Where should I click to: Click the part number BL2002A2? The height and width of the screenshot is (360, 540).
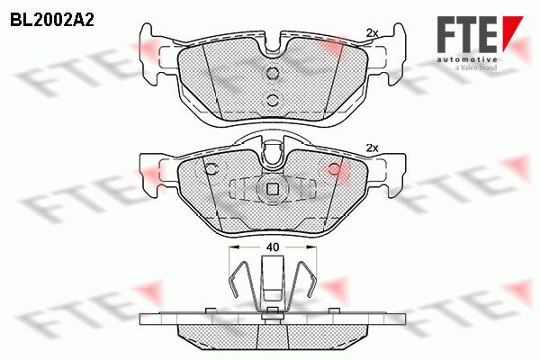[52, 21]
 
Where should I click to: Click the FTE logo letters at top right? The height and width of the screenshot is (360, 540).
[466, 34]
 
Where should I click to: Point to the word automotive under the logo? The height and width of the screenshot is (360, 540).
[466, 59]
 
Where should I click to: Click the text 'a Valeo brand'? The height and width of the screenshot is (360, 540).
[476, 67]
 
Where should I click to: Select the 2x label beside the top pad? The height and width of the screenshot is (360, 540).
[372, 33]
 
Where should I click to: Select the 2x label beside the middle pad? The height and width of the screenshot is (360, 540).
[372, 148]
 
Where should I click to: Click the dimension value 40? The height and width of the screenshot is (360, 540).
[273, 247]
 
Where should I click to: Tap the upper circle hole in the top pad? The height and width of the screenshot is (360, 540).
[273, 73]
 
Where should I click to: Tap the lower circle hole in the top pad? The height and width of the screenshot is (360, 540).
[273, 100]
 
